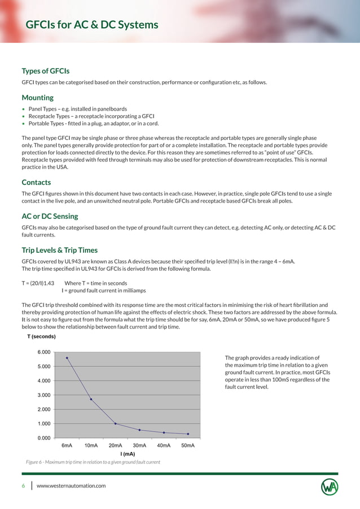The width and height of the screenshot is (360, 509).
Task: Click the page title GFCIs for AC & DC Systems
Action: pyautogui.click(x=92, y=25)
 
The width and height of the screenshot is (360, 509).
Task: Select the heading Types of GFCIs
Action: pyautogui.click(x=45, y=71)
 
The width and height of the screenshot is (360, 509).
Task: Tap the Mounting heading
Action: pyautogui.click(x=37, y=98)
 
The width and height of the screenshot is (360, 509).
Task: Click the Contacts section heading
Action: pyautogui.click(x=36, y=182)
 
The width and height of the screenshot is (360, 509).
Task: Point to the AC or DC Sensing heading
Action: pyautogui.click(x=50, y=216)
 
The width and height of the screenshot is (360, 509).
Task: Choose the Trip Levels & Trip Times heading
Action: pyautogui.click(x=59, y=250)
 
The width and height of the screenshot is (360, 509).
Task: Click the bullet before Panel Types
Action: pyautogui.click(x=23, y=109)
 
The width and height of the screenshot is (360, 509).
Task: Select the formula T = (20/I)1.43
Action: pyautogui.click(x=38, y=283)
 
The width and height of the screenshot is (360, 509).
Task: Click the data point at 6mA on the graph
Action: pyautogui.click(x=67, y=358)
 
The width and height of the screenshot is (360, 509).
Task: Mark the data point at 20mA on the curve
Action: pyautogui.click(x=115, y=424)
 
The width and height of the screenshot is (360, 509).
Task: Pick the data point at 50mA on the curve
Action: pyautogui.click(x=188, y=434)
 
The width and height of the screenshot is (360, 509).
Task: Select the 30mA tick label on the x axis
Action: pyautogui.click(x=139, y=445)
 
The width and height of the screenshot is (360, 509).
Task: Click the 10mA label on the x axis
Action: pyautogui.click(x=91, y=445)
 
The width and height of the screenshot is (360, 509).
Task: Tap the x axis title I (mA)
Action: pyautogui.click(x=128, y=454)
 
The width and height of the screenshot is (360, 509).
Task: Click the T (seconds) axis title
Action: pyautogui.click(x=41, y=336)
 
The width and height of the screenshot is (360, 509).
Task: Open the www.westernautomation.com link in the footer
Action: pyautogui.click(x=71, y=486)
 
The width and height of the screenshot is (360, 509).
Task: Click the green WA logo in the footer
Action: pyautogui.click(x=330, y=486)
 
